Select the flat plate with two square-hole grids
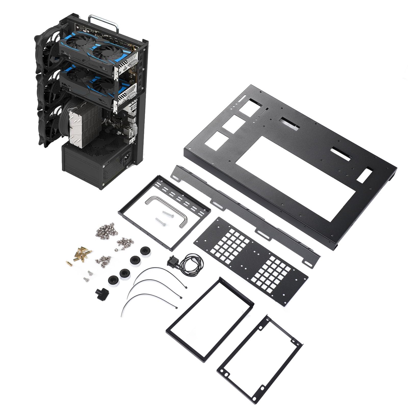[x=251, y=255]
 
